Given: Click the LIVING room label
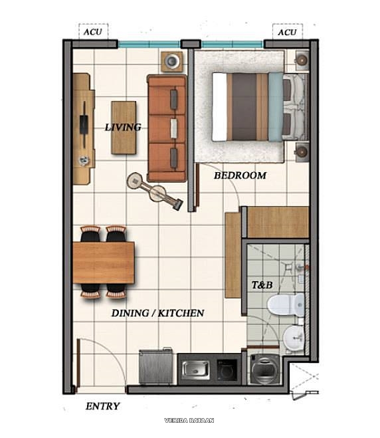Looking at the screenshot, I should click(123, 127).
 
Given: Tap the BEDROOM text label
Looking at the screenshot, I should click(240, 175).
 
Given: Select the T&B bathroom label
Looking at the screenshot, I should click(262, 284).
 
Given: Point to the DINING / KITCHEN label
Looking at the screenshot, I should click(157, 312).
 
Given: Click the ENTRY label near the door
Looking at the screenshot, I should click(103, 406).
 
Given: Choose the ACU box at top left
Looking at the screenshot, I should click(92, 32).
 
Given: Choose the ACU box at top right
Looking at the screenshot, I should click(287, 32).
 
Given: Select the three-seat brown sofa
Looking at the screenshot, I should click(167, 128).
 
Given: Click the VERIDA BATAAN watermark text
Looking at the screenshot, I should click(189, 420).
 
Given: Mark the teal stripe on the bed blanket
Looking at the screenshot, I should click(275, 106).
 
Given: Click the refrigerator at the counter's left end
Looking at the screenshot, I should click(155, 367).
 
